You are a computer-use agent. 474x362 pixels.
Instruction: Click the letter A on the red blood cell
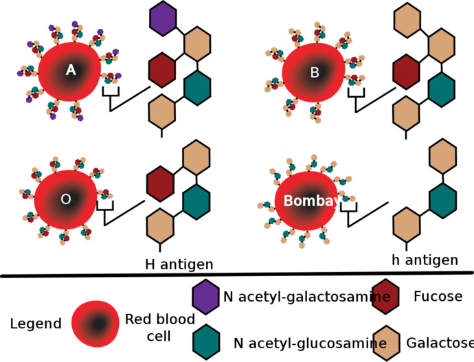point(71,70)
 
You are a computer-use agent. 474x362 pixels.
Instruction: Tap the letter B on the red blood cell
point(315,73)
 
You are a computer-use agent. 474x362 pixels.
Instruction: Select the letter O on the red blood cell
point(66,199)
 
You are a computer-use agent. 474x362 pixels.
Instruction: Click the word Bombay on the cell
point(311,201)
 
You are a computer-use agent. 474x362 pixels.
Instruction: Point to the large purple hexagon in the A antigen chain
point(163,18)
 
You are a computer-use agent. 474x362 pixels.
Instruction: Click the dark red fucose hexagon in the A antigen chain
point(162,70)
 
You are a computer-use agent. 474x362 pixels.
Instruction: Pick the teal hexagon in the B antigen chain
point(442,90)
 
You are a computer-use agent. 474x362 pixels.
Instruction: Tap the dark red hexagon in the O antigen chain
point(160,183)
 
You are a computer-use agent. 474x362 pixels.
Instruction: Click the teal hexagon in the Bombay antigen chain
point(443,201)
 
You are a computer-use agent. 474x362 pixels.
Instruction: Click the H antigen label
point(179,264)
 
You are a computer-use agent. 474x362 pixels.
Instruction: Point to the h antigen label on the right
point(425,260)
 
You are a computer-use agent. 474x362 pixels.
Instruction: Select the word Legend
point(36,324)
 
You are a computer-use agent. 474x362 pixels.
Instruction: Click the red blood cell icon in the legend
point(95,324)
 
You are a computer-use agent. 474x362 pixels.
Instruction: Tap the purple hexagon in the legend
point(206,297)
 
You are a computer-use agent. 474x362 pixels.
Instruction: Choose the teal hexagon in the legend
point(207,342)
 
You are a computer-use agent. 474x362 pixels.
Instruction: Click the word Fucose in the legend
point(438,296)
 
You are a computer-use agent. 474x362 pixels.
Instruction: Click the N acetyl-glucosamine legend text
point(310,343)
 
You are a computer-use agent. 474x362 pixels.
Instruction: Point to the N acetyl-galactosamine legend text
point(306,297)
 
